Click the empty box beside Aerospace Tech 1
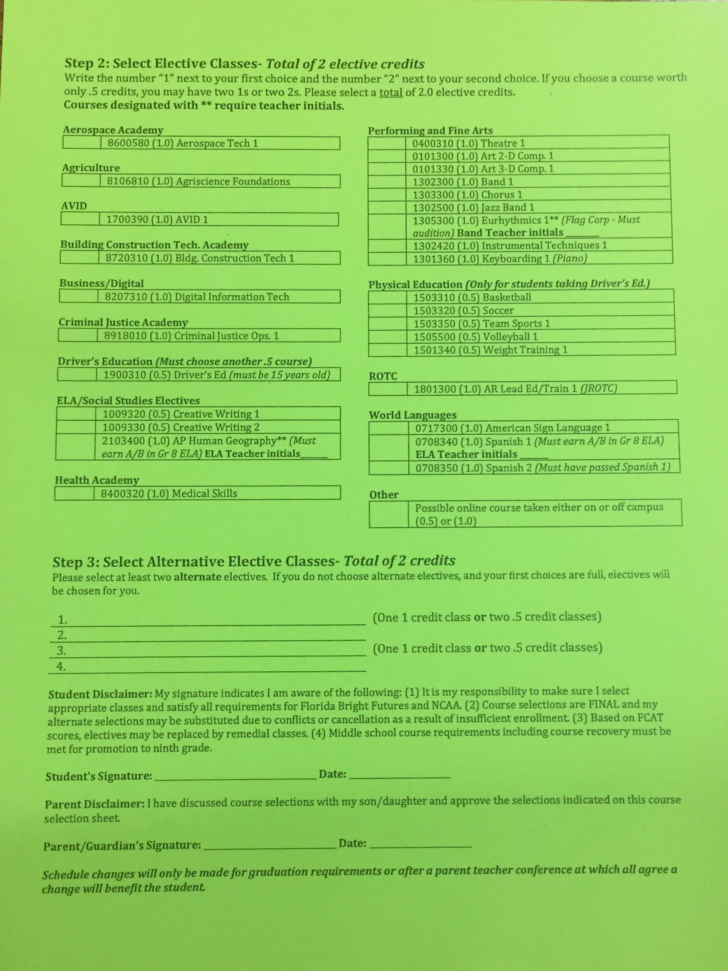(82, 143)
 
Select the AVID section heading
(74, 206)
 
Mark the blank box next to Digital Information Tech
(79, 297)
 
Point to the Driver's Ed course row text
(216, 375)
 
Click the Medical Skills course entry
(169, 493)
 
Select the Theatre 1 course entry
(468, 143)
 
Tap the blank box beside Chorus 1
(387, 195)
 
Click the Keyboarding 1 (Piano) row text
(500, 259)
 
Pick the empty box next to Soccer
(388, 311)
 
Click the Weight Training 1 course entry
(490, 350)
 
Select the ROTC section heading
(383, 376)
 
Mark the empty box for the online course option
(389, 513)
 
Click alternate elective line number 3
(211, 651)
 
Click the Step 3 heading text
(254, 561)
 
